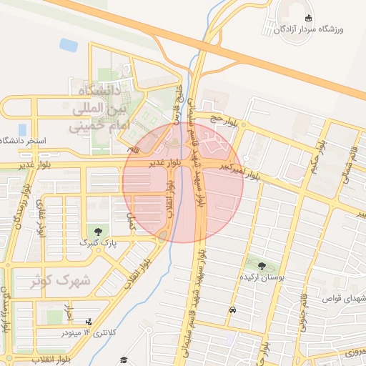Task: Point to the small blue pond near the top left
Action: [x=69, y=45]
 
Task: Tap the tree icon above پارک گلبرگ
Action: [x=97, y=231]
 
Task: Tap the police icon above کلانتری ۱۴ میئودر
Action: [x=89, y=322]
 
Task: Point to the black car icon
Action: [x=233, y=310]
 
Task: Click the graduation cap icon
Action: [x=123, y=360]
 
